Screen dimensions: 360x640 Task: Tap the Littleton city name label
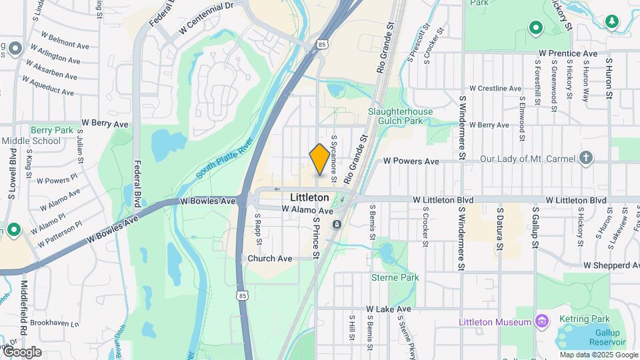click(309, 198)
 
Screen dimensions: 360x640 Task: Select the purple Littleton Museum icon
click(543, 323)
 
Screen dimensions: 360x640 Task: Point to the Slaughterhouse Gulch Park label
click(400, 116)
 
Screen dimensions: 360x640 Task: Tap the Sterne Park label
click(395, 277)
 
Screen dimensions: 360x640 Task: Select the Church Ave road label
click(270, 259)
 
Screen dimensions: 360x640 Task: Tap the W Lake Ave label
click(389, 310)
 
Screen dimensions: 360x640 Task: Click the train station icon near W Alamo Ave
click(338, 224)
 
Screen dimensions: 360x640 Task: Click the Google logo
click(22, 352)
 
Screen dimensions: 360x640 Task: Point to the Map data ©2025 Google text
click(598, 355)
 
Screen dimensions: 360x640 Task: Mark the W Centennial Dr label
click(207, 8)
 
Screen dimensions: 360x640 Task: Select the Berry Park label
click(51, 131)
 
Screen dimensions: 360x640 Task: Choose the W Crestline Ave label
click(495, 88)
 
